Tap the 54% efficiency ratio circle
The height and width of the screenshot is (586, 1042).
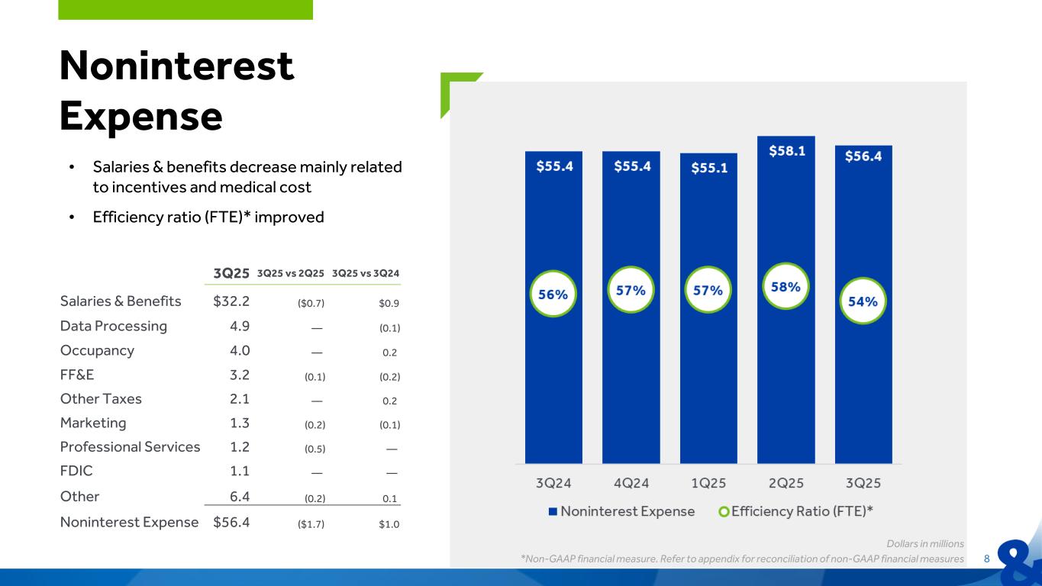[x=863, y=301]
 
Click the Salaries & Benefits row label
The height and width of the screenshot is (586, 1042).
[x=121, y=301]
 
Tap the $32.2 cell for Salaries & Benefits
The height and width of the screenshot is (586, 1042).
[x=232, y=301]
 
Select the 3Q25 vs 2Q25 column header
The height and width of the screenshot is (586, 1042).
[x=291, y=273]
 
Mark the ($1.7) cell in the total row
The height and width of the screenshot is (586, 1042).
[x=310, y=523]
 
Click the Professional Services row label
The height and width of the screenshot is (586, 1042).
[x=130, y=447]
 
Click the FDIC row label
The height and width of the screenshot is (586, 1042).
[x=76, y=472]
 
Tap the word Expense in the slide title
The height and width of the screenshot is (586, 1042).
[x=140, y=116]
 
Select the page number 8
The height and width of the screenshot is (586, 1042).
[x=986, y=559]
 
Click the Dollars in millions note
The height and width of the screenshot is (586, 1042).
[x=925, y=544]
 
